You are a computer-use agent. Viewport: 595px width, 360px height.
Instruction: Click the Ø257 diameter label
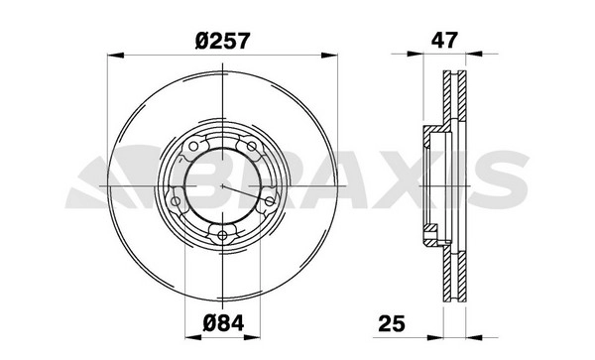pyautogui.click(x=223, y=41)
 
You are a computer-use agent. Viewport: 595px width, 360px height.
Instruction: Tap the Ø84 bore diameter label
pyautogui.click(x=223, y=323)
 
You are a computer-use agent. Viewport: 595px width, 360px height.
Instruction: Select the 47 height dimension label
pyautogui.click(x=444, y=40)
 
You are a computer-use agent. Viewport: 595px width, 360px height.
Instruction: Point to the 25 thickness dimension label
pyautogui.click(x=392, y=323)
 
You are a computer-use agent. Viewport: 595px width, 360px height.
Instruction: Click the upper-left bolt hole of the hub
pyautogui.click(x=193, y=146)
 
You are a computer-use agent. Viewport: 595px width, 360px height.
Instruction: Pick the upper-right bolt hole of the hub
pyautogui.click(x=252, y=146)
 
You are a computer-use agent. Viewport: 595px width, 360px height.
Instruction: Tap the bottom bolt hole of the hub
pyautogui.click(x=222, y=236)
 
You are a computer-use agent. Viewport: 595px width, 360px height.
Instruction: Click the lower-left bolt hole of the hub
pyautogui.click(x=176, y=201)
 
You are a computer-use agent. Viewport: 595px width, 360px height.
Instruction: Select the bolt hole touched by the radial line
pyautogui.click(x=270, y=201)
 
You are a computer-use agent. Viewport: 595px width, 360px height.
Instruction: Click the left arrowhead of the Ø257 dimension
pyautogui.click(x=115, y=56)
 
